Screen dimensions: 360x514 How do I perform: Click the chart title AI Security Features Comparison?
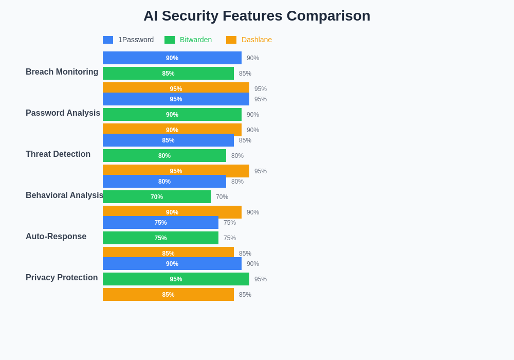click(x=256, y=16)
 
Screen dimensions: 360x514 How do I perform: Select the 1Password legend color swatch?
click(x=108, y=40)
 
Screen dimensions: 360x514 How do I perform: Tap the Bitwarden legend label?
click(x=196, y=40)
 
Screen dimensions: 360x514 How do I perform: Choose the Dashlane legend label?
click(x=256, y=40)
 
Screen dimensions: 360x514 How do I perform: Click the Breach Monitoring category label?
click(x=62, y=72)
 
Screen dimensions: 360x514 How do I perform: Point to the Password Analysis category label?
click(x=63, y=113)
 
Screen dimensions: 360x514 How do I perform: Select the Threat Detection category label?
click(x=58, y=154)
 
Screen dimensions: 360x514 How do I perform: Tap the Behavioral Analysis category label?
click(x=64, y=195)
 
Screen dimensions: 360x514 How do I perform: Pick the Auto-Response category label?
click(x=56, y=237)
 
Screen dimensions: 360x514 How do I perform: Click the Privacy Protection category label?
click(x=62, y=278)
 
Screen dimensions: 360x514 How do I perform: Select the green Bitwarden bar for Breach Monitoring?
click(x=168, y=74)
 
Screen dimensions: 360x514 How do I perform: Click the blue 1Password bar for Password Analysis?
click(x=176, y=99)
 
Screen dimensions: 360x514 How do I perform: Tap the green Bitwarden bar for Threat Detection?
click(x=164, y=156)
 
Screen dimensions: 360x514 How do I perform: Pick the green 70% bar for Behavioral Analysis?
click(x=157, y=197)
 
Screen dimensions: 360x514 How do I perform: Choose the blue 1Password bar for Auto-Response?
click(x=160, y=223)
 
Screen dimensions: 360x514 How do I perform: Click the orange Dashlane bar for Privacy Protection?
click(x=168, y=295)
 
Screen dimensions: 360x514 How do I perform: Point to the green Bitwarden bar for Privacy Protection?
click(x=176, y=279)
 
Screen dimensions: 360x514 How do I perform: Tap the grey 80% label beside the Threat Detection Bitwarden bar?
click(x=237, y=156)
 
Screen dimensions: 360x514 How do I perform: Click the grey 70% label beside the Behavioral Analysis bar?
click(x=222, y=197)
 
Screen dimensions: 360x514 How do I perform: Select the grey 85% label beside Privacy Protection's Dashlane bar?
click(x=245, y=295)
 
